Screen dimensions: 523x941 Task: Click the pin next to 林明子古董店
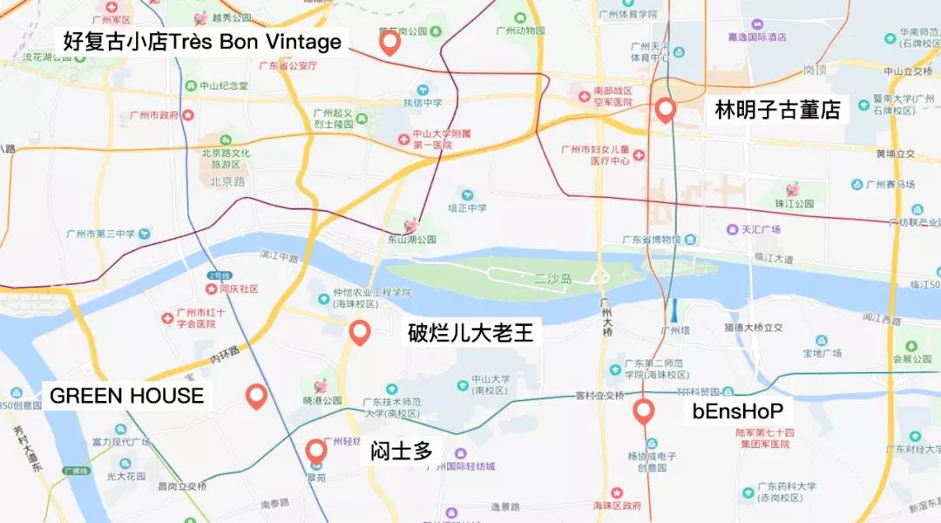tap(667, 110)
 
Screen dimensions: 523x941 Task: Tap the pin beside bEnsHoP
tap(644, 411)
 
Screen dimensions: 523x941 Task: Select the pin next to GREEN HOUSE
tap(255, 396)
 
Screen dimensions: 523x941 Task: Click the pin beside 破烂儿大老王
tap(359, 332)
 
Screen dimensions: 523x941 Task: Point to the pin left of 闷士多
tap(316, 451)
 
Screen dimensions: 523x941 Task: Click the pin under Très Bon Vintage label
tap(389, 43)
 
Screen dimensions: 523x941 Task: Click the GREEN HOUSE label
tap(126, 396)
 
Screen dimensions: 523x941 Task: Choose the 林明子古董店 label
tap(777, 110)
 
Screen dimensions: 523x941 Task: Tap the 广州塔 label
tap(675, 330)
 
